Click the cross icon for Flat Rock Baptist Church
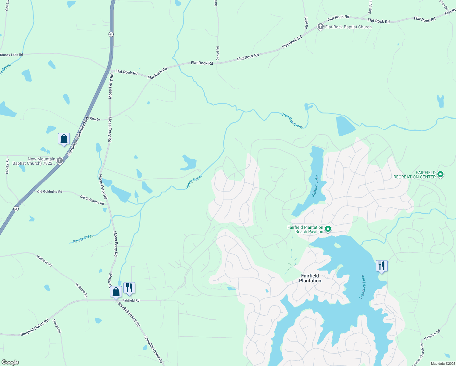(320, 27)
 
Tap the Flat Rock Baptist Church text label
(348, 27)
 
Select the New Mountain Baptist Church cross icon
(60, 160)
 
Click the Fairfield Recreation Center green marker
(440, 174)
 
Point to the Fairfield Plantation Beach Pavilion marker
(328, 229)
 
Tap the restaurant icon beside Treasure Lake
(382, 266)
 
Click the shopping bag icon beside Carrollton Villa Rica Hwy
(64, 139)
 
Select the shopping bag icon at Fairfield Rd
(116, 292)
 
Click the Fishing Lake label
(315, 186)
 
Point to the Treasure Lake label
(362, 287)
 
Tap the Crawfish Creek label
(292, 121)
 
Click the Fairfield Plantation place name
(310, 278)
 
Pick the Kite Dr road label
(95, 119)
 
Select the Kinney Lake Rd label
(12, 55)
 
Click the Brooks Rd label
(7, 166)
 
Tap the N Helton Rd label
(432, 335)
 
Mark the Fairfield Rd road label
(131, 300)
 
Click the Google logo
(10, 362)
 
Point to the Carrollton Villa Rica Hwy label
(78, 136)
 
